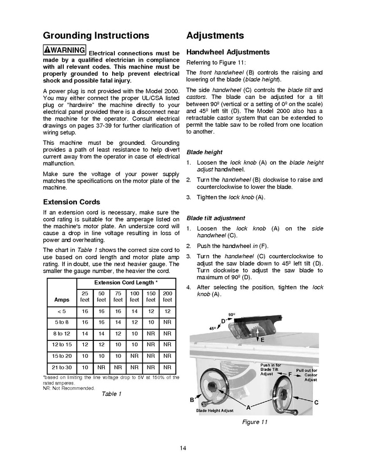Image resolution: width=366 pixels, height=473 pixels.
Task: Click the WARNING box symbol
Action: (x=65, y=50)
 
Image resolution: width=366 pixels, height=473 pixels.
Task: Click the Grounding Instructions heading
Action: (x=96, y=36)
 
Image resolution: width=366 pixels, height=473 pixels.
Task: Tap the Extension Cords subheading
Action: (x=71, y=202)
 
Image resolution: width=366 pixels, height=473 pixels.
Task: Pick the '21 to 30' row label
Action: (x=62, y=367)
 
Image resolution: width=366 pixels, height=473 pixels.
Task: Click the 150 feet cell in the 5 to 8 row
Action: (x=151, y=321)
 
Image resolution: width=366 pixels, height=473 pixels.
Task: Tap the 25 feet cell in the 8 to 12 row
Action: (x=85, y=333)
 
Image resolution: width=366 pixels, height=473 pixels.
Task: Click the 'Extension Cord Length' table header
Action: (x=126, y=283)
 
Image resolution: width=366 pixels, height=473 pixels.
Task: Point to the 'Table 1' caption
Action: (x=111, y=394)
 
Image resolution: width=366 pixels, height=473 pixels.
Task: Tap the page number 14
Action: (x=183, y=448)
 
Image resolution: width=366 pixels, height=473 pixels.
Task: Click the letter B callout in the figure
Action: (x=192, y=400)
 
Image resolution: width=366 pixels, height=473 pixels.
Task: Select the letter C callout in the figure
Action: (x=316, y=402)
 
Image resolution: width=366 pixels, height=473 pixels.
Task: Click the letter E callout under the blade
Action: (x=262, y=340)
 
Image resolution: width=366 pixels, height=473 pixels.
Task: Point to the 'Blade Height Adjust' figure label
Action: (x=214, y=410)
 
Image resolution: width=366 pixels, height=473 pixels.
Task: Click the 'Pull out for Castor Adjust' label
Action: (x=306, y=375)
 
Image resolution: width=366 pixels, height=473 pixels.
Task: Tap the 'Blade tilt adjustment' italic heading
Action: (x=215, y=218)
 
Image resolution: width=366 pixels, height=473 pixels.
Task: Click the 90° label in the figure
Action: (x=231, y=314)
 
